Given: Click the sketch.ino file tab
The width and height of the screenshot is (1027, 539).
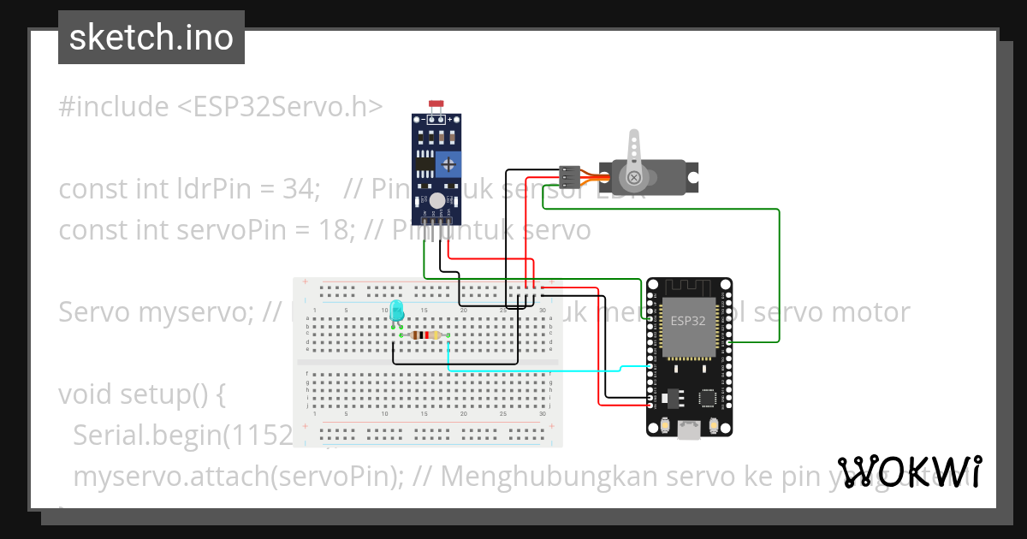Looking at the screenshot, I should (x=151, y=38).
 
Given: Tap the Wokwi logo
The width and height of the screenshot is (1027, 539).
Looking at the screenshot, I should (x=909, y=471).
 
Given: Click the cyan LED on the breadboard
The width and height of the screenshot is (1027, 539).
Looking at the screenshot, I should (x=396, y=311).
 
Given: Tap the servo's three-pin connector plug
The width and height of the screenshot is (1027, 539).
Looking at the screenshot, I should (x=569, y=175).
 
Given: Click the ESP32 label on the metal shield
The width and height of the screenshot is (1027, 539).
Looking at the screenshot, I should (x=689, y=322).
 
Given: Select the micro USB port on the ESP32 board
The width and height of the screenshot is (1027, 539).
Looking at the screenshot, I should (x=689, y=430).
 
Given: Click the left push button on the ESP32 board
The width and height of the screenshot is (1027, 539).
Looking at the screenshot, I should (x=664, y=425).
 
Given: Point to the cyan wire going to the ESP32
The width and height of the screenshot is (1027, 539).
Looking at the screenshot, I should (x=531, y=370).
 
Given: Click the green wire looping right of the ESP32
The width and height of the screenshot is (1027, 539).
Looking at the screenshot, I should (x=779, y=274).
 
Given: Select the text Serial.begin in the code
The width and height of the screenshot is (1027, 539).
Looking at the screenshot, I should (x=145, y=435).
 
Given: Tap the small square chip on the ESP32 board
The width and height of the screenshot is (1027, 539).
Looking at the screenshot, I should (x=708, y=398).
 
